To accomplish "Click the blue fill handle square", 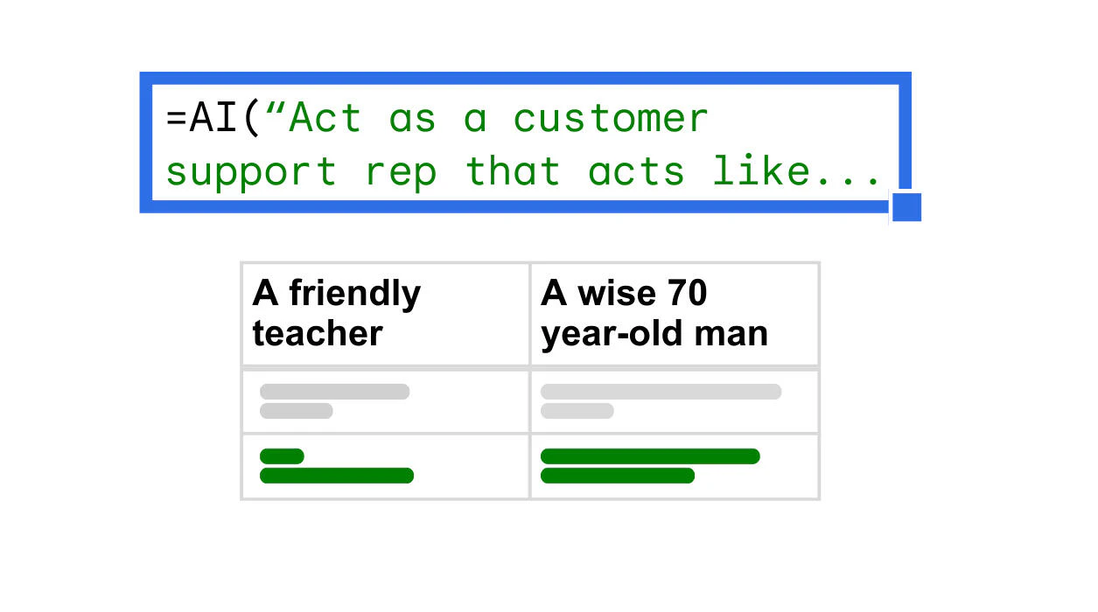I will pyautogui.click(x=906, y=208).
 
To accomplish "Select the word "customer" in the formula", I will pyautogui.click(x=610, y=119).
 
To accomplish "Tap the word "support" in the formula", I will pyautogui.click(x=251, y=172).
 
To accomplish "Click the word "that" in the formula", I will pyautogui.click(x=512, y=170).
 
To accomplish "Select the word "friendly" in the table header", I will pyautogui.click(x=354, y=295).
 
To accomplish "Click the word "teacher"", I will pyautogui.click(x=318, y=333).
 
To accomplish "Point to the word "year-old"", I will pyautogui.click(x=599, y=334).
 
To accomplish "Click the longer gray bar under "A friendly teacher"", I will pyautogui.click(x=334, y=392).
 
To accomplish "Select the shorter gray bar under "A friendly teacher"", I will pyautogui.click(x=296, y=411).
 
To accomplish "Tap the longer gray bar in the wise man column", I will pyautogui.click(x=661, y=392).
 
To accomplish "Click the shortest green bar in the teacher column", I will pyautogui.click(x=282, y=456).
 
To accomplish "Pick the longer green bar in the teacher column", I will pyautogui.click(x=336, y=476).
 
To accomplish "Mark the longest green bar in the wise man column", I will pyautogui.click(x=650, y=456).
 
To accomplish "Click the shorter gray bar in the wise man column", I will pyautogui.click(x=577, y=411).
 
